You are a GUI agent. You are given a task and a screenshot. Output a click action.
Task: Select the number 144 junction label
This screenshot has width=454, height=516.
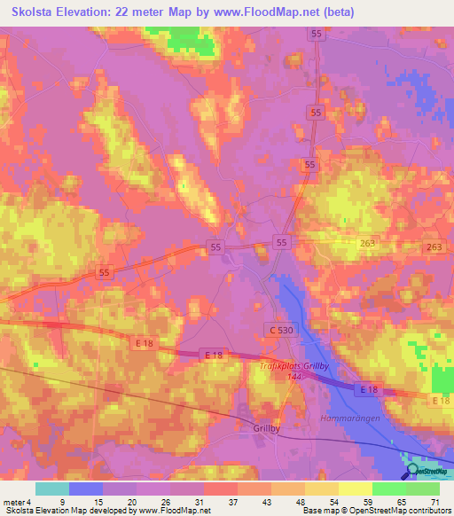click(294, 376)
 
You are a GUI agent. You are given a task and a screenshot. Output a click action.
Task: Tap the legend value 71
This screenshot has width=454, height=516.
click(434, 501)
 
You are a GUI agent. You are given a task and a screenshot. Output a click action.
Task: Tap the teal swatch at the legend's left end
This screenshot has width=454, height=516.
click(52, 489)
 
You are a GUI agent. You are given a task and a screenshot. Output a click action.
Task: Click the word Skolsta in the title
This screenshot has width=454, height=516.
click(32, 11)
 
